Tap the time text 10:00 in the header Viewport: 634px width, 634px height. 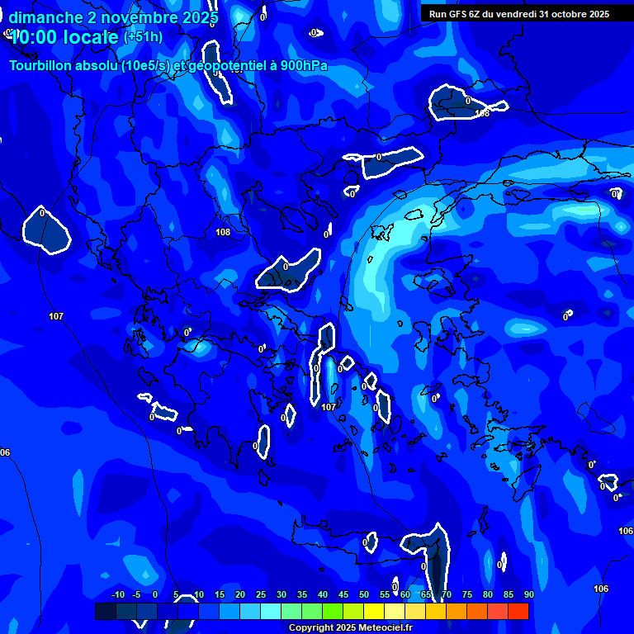(x=33, y=37)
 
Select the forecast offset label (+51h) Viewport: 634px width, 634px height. (x=143, y=37)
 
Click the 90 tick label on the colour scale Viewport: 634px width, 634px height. (x=528, y=594)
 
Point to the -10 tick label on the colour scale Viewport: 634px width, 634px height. (x=117, y=594)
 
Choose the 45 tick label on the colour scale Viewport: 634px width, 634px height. (x=343, y=594)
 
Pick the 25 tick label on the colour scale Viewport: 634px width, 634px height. (x=261, y=594)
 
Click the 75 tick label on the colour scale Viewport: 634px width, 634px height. (x=467, y=594)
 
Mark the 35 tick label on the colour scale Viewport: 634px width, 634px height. (x=302, y=594)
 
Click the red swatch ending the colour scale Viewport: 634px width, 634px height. (x=518, y=611)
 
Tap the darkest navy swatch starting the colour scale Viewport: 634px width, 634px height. (x=106, y=611)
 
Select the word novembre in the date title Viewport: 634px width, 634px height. (x=135, y=17)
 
